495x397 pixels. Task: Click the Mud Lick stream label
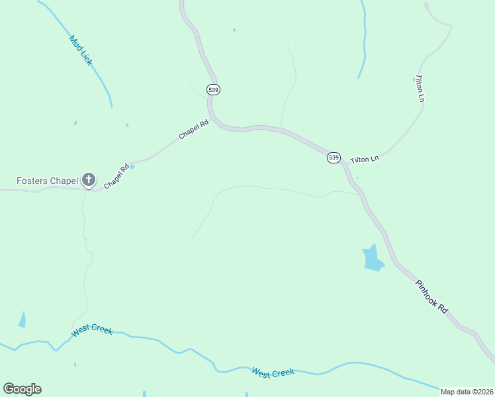pyautogui.click(x=81, y=50)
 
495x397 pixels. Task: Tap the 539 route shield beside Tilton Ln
pyautogui.click(x=334, y=157)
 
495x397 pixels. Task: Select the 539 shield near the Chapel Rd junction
pyautogui.click(x=213, y=89)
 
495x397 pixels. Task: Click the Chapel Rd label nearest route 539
pyautogui.click(x=193, y=128)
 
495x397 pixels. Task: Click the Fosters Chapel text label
pyautogui.click(x=47, y=180)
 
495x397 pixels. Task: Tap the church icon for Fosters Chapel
pyautogui.click(x=89, y=179)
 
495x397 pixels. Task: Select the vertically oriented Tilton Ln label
pyautogui.click(x=420, y=88)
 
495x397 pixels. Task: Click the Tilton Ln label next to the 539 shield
pyautogui.click(x=364, y=159)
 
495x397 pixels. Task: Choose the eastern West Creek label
pyautogui.click(x=273, y=373)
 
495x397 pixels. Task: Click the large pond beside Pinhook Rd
pyautogui.click(x=373, y=258)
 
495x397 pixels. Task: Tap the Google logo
pyautogui.click(x=22, y=389)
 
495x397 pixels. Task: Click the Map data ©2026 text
pyautogui.click(x=467, y=392)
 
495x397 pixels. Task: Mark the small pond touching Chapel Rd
pyautogui.click(x=132, y=166)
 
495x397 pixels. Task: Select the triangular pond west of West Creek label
pyautogui.click(x=22, y=320)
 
